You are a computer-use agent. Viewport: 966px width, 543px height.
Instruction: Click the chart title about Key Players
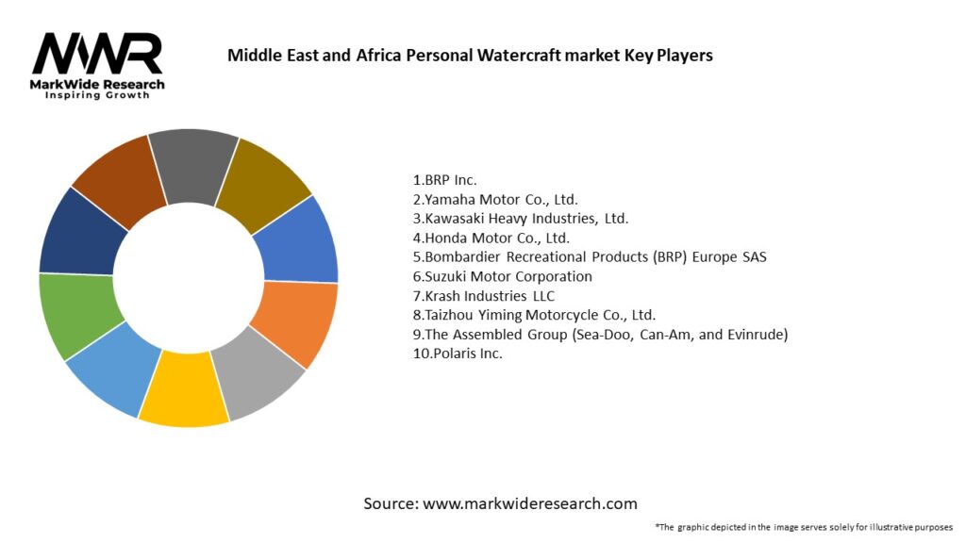[x=470, y=56]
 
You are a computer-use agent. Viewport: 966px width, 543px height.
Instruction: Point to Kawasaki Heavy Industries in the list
[x=522, y=218]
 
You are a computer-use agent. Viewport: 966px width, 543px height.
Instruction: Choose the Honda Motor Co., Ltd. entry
[x=491, y=238]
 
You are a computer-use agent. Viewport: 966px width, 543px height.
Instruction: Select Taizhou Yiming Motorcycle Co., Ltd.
[x=534, y=315]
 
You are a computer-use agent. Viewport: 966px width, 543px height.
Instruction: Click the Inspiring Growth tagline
[x=97, y=96]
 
